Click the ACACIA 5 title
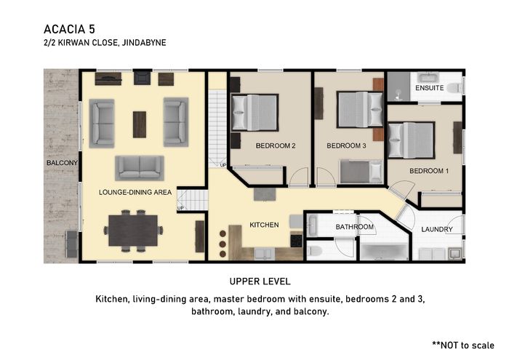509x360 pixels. (70, 29)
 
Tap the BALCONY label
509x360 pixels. (62, 163)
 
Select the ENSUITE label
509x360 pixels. (429, 88)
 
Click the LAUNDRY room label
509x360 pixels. (436, 230)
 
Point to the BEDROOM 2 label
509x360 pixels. (276, 145)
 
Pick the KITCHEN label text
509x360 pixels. (264, 225)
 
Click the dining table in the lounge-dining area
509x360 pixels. (133, 231)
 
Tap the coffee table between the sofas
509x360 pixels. (140, 124)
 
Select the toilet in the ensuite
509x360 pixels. (454, 88)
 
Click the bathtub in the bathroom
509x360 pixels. (384, 252)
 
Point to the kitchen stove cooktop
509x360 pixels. (296, 241)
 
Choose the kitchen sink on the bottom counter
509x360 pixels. (265, 254)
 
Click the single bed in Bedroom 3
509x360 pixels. (361, 171)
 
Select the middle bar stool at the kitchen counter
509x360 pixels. (223, 244)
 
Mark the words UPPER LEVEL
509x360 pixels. (260, 281)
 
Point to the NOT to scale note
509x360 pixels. (463, 345)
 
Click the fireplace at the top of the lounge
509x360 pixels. (143, 78)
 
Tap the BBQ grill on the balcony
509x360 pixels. (72, 244)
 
